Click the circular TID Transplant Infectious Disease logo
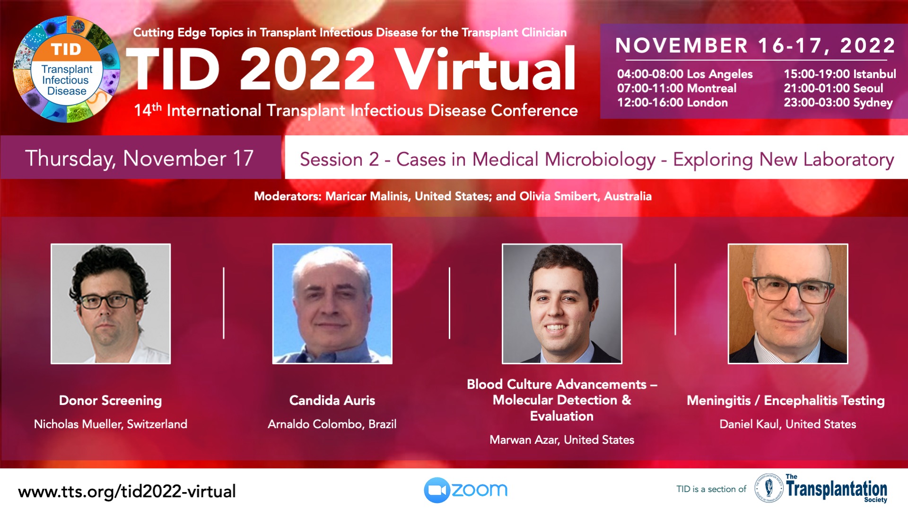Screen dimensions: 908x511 click(66, 70)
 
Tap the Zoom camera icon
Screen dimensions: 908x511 click(437, 490)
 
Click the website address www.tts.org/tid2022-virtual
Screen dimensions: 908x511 click(127, 492)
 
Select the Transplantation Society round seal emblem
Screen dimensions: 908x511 click(768, 488)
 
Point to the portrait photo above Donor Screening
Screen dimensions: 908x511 click(111, 304)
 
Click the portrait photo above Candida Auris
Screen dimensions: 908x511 click(332, 304)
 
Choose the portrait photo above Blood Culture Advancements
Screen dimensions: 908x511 click(562, 304)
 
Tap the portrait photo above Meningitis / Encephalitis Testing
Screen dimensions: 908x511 click(788, 304)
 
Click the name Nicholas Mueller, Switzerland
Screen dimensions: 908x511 click(111, 424)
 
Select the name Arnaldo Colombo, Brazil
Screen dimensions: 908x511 click(332, 424)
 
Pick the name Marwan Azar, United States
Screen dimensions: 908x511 click(562, 440)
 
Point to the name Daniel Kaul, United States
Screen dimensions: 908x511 click(788, 424)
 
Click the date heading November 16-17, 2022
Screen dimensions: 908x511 click(756, 45)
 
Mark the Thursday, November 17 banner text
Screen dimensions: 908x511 click(140, 159)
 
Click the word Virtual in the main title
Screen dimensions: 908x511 click(485, 69)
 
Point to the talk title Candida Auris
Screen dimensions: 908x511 click(332, 400)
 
